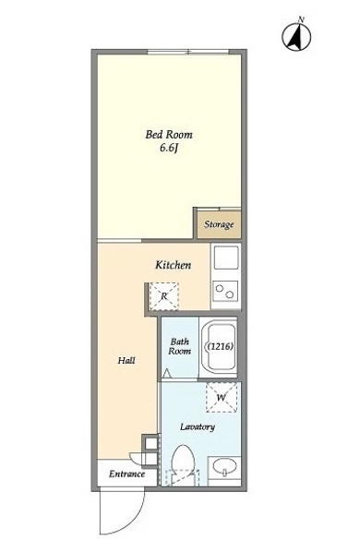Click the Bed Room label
pos(169,135)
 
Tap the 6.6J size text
pos(169,148)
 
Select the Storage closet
pos(219,224)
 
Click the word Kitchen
pos(174,265)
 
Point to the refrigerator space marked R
pos(164,295)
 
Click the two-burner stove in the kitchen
pos(226,291)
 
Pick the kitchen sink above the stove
pos(226,258)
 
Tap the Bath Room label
pos(179,346)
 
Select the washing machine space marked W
pos(222,398)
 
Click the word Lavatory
pos(198,427)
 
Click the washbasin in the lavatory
pos(224,467)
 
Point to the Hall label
pos(126,361)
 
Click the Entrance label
pos(126,474)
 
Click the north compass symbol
pos(296,37)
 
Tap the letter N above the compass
pos(301,19)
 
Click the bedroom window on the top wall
pos(188,52)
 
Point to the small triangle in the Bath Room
pos(166,373)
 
